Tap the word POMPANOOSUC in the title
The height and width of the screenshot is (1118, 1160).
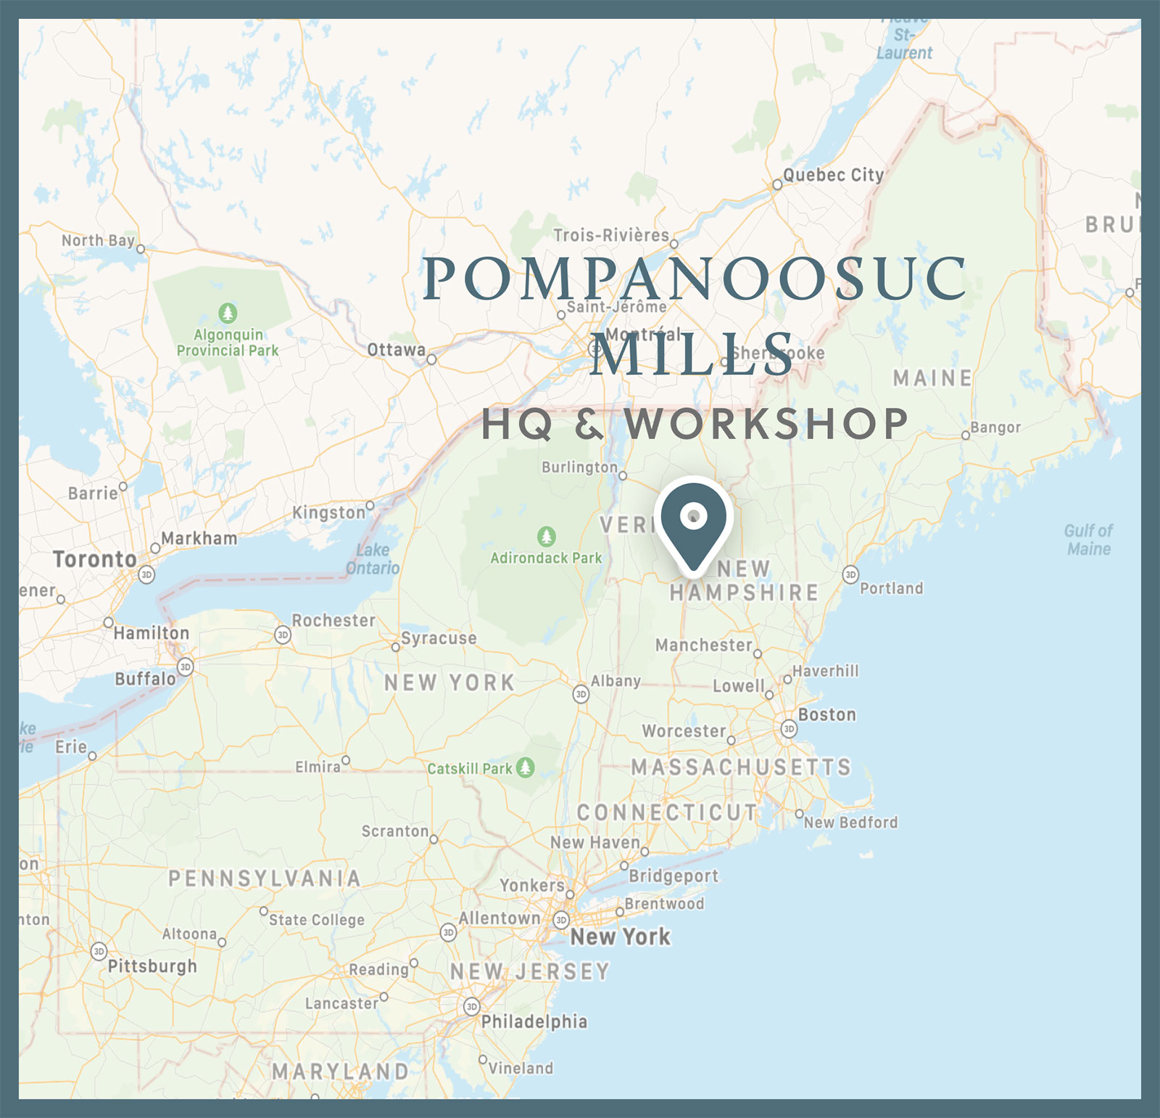[695, 279]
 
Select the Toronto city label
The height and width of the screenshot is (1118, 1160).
[95, 559]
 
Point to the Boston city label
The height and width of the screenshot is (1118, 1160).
[826, 715]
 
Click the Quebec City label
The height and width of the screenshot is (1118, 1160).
[833, 175]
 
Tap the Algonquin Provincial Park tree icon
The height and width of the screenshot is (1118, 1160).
[228, 313]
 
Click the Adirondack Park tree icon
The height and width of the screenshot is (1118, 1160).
[547, 537]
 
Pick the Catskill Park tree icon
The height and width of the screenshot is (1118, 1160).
[526, 767]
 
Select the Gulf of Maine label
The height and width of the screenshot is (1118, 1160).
[1088, 540]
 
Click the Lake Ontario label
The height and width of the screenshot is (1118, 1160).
[373, 559]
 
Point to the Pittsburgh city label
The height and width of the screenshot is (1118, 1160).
[152, 966]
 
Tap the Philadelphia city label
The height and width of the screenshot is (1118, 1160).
[534, 1022]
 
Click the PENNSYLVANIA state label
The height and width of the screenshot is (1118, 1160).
[265, 879]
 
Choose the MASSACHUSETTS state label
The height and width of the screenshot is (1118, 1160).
[741, 767]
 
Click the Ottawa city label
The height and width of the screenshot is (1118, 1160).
[396, 350]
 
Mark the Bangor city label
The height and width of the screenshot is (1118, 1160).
[995, 427]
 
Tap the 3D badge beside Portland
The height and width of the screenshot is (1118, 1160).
[850, 575]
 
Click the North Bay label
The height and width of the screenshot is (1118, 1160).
[98, 240]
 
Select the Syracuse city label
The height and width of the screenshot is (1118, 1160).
[439, 638]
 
